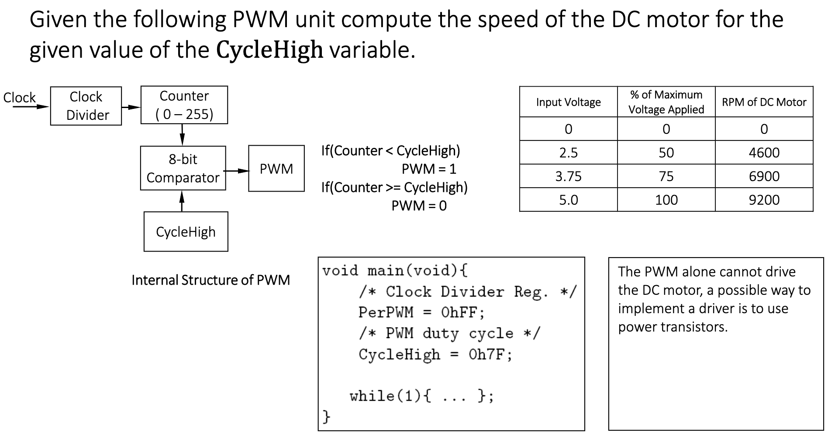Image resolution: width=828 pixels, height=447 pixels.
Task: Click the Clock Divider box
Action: [86, 106]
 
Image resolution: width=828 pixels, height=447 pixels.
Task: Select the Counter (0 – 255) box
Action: [184, 105]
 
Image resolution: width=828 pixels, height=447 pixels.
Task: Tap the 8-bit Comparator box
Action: [183, 168]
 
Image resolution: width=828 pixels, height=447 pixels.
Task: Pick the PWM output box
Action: [276, 168]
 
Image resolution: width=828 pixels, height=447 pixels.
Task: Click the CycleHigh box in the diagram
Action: [186, 232]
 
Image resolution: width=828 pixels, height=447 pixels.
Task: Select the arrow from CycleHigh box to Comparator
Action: [182, 201]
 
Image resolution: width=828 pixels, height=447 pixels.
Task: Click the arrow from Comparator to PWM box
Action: [237, 171]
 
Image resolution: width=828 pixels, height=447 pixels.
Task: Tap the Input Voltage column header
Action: [568, 102]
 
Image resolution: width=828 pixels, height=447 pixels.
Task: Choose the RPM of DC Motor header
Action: [764, 102]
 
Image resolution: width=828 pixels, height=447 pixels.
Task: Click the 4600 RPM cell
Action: [764, 153]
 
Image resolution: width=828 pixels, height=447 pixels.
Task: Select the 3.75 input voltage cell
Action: [568, 176]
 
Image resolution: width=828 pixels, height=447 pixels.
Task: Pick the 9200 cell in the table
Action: [764, 200]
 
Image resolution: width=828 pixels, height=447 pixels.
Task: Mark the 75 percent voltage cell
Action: [666, 176]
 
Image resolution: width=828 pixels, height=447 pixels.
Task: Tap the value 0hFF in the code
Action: [462, 312]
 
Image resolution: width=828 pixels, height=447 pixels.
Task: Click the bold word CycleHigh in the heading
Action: [269, 50]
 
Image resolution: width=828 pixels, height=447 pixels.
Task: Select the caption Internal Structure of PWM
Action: [210, 280]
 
